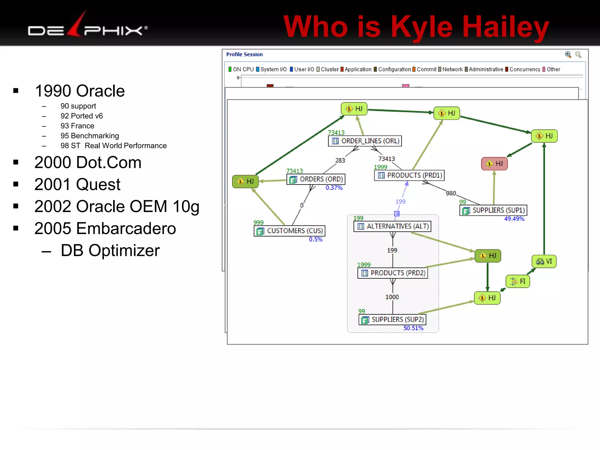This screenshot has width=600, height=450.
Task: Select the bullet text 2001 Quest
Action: pos(77,185)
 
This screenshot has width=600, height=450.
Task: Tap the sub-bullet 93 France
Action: pos(77,126)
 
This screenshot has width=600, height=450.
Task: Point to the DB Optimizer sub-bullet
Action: pos(110,251)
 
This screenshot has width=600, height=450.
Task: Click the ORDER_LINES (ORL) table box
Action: pos(365,141)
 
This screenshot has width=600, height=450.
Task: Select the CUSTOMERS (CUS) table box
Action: pos(289,231)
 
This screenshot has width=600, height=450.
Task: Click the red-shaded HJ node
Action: pos(494,163)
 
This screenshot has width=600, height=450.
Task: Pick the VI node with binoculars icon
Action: pos(544,261)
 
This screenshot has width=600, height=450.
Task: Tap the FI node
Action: pos(518,282)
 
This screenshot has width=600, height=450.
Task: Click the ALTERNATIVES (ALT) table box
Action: pos(392,226)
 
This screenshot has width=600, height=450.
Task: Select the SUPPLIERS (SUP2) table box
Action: pos(392,320)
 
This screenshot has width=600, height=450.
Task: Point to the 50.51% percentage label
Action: pos(413,328)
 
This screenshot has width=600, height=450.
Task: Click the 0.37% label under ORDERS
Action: pos(334,188)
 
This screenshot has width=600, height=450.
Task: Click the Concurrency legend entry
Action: pos(522,69)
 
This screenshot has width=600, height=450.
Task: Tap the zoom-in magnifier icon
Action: pos(568,54)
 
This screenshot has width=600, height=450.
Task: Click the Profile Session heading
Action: pos(244,54)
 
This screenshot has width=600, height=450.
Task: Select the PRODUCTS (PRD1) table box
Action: pos(410,175)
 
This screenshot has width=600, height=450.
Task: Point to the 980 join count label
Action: pos(451,193)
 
